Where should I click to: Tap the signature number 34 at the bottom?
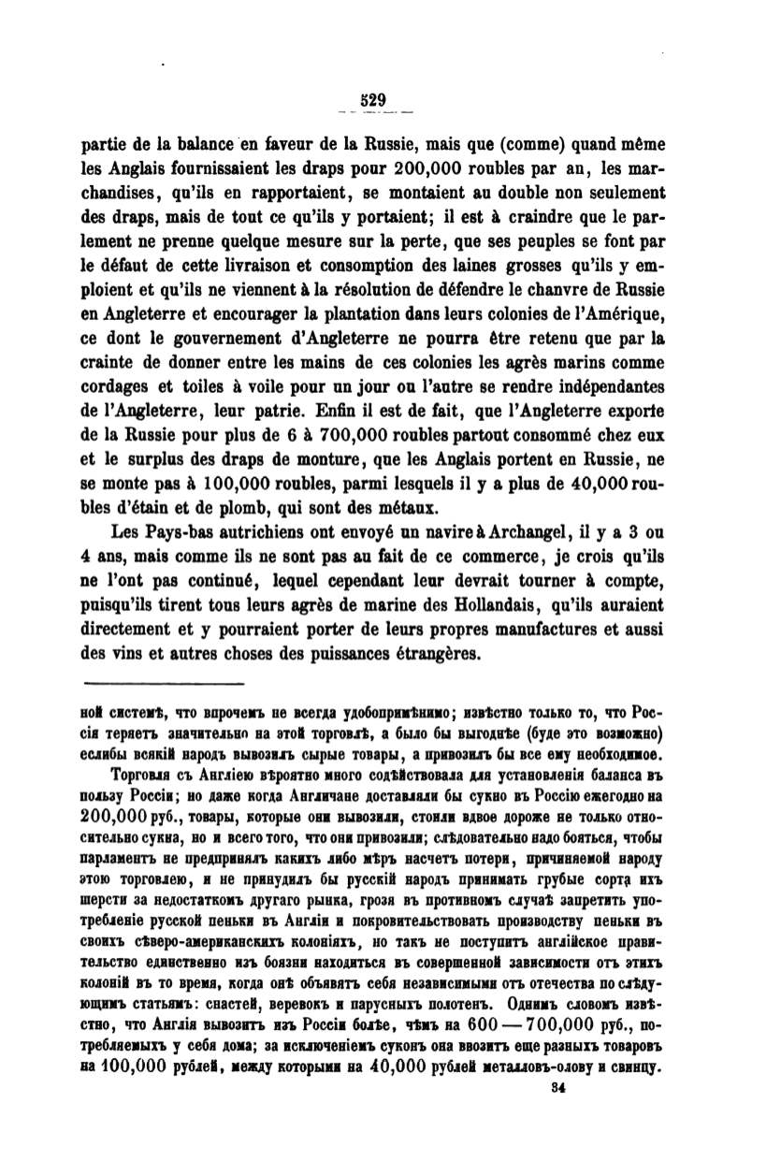pos(560,1087)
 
